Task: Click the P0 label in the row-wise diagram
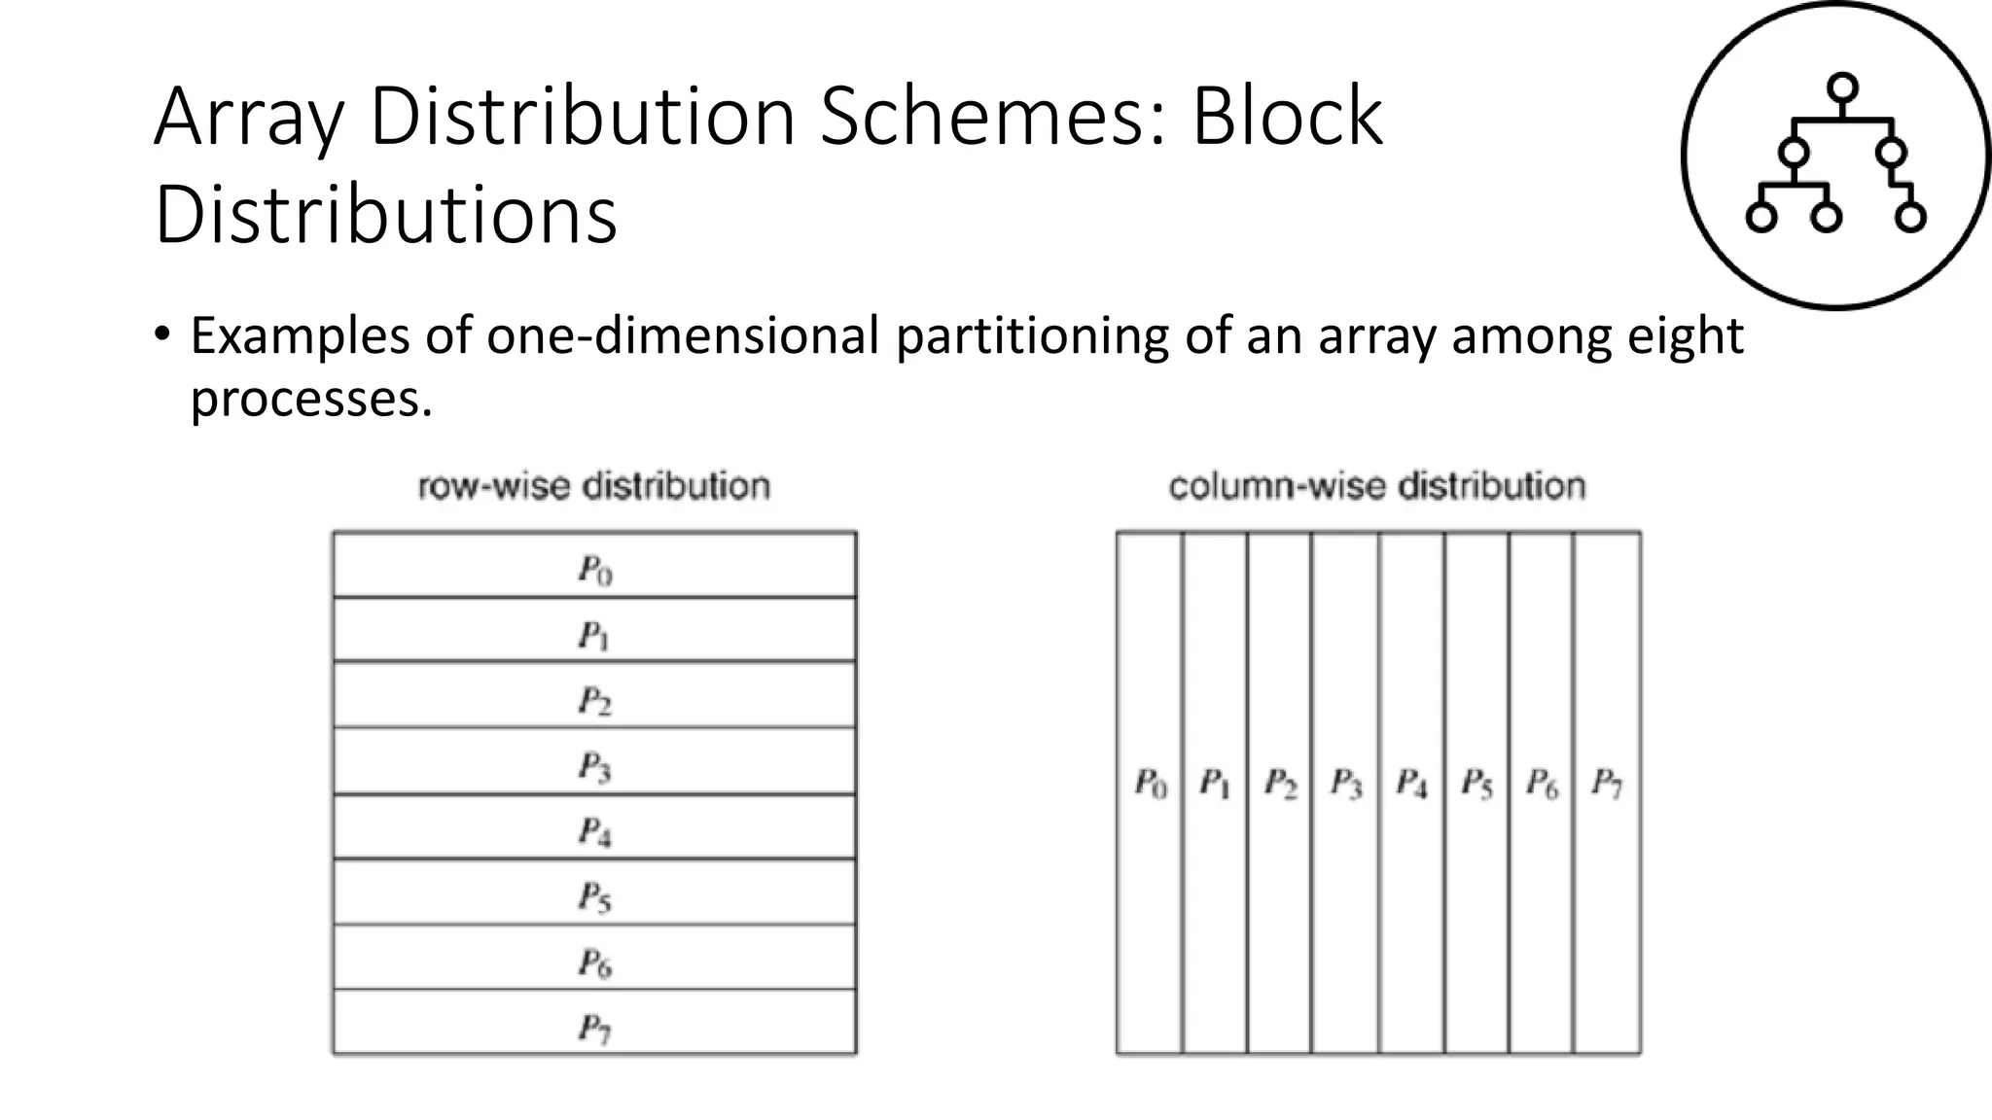595,570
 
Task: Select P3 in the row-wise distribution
595,767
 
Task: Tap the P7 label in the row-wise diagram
595,1028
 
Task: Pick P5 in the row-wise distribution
595,896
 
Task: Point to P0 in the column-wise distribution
1151,783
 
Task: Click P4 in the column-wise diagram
1411,783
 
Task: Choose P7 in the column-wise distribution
1607,783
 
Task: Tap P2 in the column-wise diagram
1280,783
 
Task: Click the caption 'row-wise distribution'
594,486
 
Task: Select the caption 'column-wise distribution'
1377,486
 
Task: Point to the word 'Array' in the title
249,119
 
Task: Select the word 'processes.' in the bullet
311,399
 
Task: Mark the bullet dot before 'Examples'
161,334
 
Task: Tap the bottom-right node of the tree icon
1910,217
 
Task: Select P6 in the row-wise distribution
595,962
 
